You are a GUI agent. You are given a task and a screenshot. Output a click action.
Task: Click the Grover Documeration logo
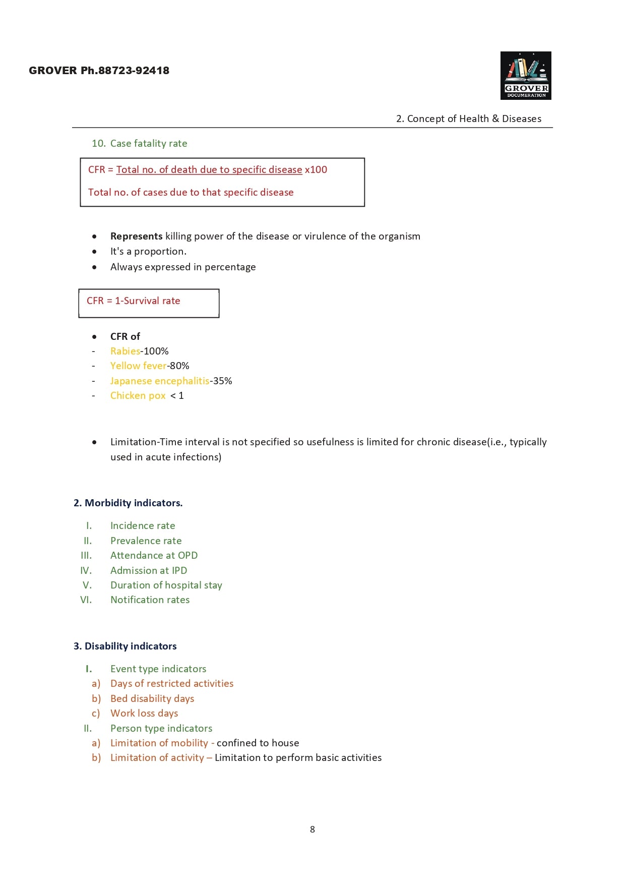point(525,76)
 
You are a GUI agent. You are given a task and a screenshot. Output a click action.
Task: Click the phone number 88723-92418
point(134,71)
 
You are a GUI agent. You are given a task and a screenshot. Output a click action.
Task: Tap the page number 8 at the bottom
point(312,829)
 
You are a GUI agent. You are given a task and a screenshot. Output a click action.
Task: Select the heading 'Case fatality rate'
point(148,143)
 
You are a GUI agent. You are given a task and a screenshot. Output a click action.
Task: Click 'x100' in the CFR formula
point(316,169)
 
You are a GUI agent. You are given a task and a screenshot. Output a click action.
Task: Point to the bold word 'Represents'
point(136,236)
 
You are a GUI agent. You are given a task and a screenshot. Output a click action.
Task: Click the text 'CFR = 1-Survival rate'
point(133,301)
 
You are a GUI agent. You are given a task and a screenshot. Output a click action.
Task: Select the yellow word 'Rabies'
point(125,351)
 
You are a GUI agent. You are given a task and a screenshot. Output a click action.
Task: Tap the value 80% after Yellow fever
point(179,366)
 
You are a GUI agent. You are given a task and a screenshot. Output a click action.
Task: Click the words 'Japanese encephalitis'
point(159,381)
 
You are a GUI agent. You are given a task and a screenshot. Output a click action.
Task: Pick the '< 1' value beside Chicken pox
point(177,395)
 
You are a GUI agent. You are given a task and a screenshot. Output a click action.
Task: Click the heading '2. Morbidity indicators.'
point(128,503)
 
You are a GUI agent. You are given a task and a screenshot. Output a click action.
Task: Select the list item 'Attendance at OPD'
point(154,555)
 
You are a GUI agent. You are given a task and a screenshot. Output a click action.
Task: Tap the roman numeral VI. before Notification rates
point(86,600)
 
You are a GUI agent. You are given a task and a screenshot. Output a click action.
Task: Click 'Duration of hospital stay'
point(166,585)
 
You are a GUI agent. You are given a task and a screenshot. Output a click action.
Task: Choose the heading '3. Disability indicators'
point(125,646)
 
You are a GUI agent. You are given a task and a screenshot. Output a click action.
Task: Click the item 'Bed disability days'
point(152,698)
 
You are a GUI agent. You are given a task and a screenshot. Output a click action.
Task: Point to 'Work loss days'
point(144,713)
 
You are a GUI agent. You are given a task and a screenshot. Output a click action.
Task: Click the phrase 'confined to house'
point(258,743)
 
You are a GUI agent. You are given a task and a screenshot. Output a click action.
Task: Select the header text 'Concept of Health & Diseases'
point(474,119)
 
